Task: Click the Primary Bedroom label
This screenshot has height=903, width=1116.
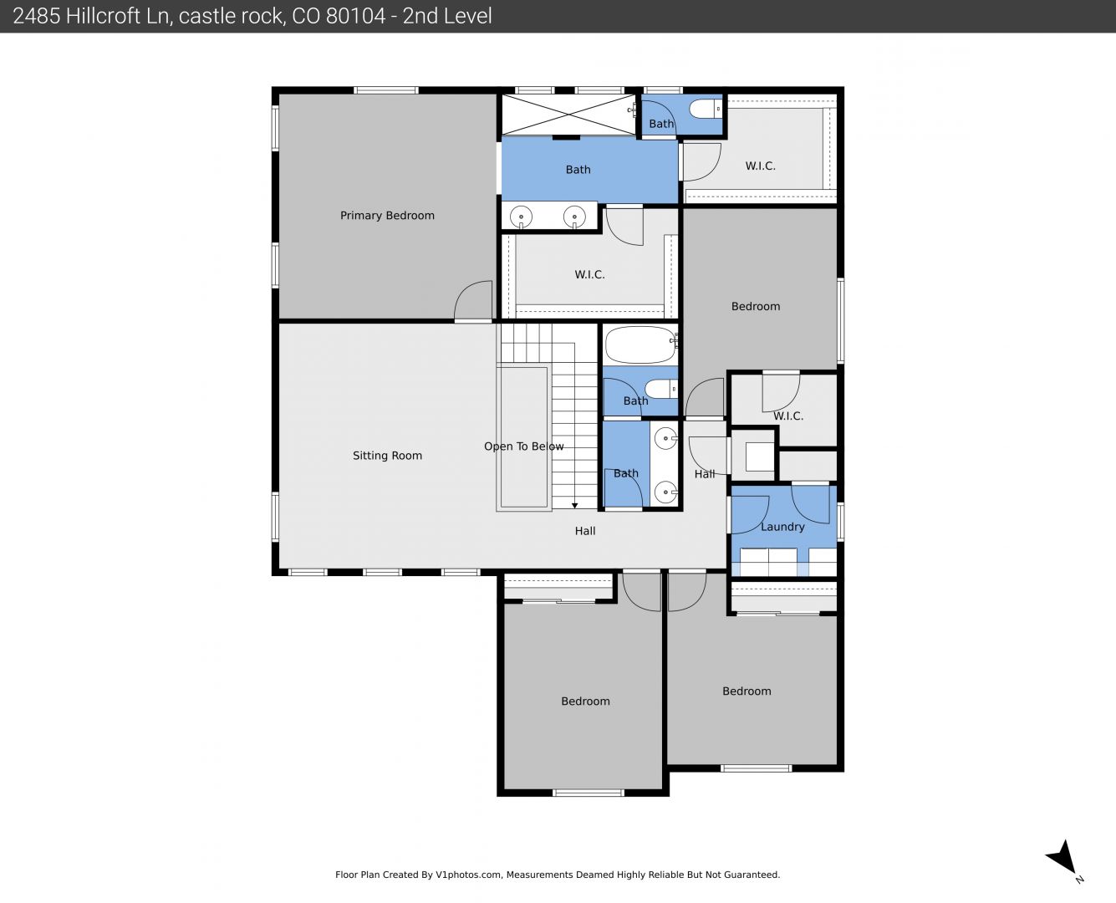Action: point(387,216)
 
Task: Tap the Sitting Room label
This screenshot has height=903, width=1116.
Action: point(387,456)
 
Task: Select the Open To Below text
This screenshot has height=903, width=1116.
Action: point(524,446)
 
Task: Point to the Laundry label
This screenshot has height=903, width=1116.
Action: point(782,527)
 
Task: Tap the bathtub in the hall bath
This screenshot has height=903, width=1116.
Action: point(641,344)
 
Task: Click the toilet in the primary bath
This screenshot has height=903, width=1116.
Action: point(706,109)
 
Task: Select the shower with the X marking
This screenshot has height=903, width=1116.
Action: point(568,115)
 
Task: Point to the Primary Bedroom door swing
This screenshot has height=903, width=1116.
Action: point(472,300)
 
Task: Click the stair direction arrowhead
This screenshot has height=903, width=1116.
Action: point(575,506)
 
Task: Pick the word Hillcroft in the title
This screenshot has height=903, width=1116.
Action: point(118,16)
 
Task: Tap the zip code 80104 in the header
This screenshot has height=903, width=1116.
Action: point(355,16)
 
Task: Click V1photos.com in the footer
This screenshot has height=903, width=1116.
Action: point(468,875)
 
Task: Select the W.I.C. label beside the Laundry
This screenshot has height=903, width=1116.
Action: point(788,416)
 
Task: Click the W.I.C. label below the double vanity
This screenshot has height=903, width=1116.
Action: point(589,274)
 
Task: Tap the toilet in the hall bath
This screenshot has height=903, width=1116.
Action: point(660,389)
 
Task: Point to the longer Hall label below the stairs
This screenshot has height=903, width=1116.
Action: point(585,531)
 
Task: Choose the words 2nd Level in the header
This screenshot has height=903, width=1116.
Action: point(447,16)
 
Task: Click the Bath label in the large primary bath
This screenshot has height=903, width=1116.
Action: point(578,170)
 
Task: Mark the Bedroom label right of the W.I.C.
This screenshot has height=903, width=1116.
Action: point(756,307)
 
